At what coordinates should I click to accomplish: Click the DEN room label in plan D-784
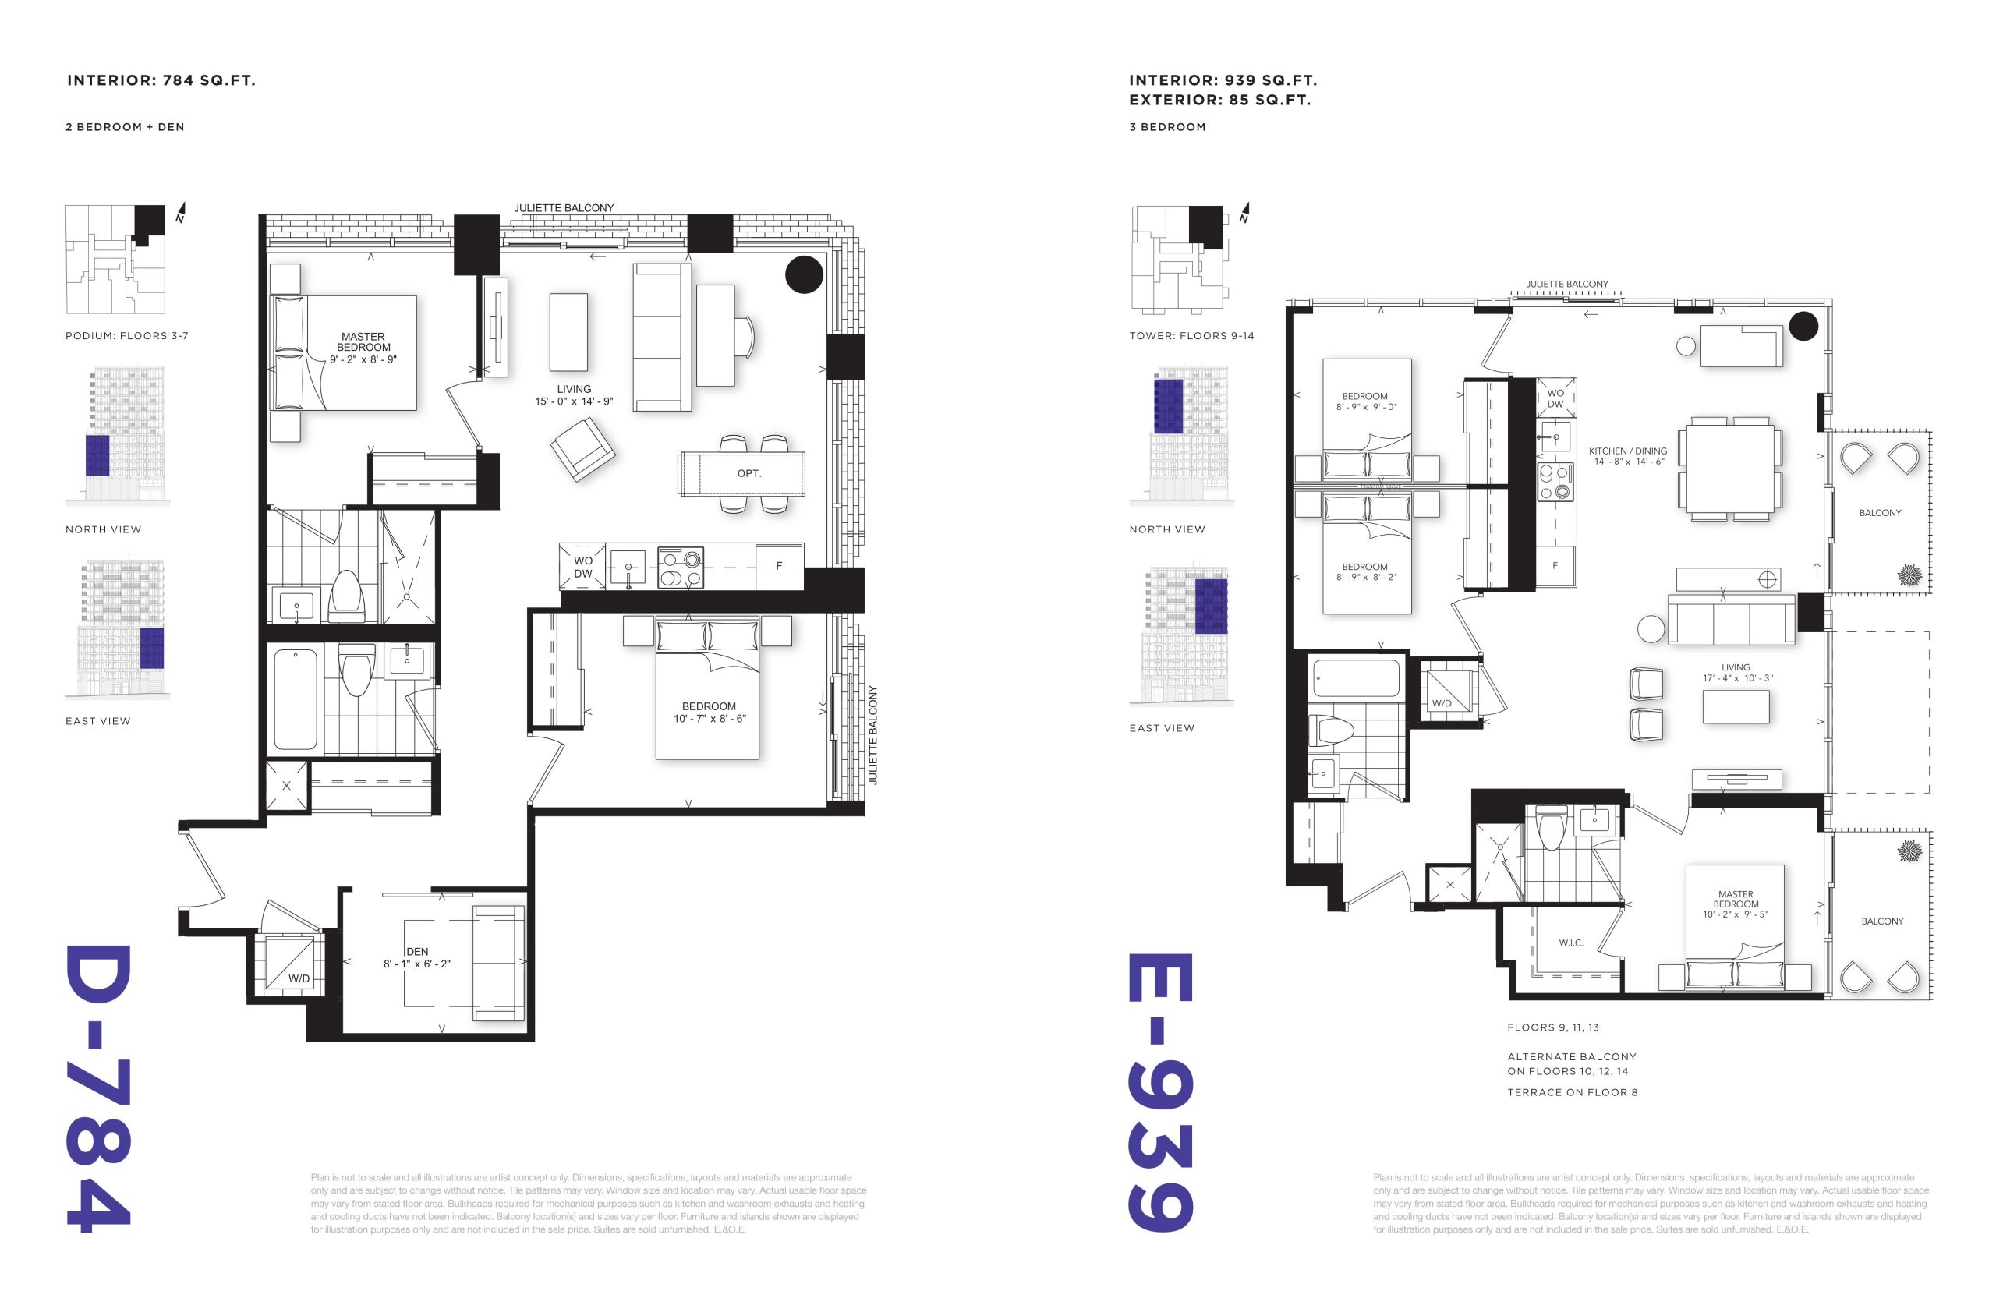click(417, 951)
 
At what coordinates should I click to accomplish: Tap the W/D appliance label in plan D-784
click(299, 978)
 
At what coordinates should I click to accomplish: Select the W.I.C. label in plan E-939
click(1570, 943)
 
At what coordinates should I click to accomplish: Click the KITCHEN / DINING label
click(1627, 451)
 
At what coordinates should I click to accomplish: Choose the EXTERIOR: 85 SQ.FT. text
click(1219, 100)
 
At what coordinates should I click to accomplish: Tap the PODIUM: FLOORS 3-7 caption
click(126, 336)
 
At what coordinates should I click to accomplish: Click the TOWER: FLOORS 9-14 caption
click(1191, 336)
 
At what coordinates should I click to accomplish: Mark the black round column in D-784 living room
click(804, 274)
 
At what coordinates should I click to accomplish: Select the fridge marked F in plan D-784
click(779, 566)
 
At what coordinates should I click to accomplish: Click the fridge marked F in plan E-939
click(1555, 566)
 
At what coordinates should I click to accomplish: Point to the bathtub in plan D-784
click(295, 699)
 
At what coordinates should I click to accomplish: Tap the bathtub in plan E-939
click(1357, 678)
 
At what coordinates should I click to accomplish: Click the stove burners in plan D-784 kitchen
click(680, 568)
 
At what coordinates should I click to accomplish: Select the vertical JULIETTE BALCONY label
click(872, 734)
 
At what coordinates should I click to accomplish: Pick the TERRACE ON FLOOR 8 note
click(1572, 1092)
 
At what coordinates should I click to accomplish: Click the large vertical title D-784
click(99, 1088)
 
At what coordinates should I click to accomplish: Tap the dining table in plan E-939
click(1729, 469)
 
